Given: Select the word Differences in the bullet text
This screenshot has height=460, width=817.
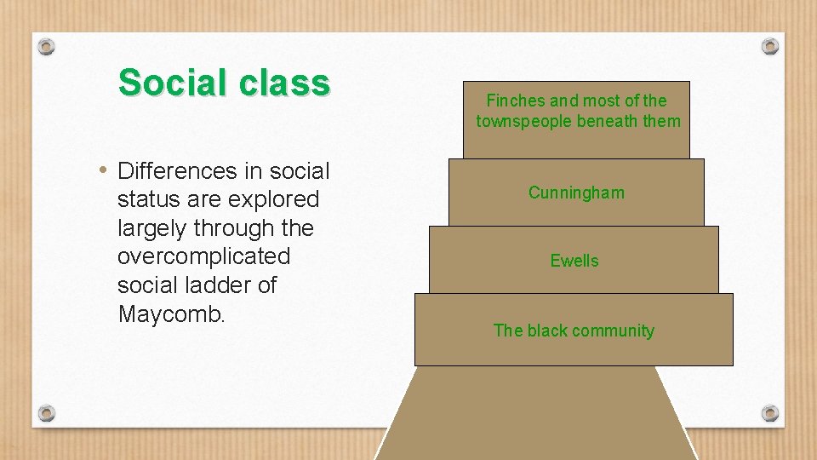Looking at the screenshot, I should click(177, 171).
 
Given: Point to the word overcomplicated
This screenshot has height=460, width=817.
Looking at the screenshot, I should click(203, 256).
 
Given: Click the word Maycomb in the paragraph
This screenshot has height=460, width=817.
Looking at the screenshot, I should click(170, 314).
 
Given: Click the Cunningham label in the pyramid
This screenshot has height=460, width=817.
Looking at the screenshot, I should click(576, 193).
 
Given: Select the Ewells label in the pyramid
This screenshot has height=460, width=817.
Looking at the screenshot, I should click(574, 261).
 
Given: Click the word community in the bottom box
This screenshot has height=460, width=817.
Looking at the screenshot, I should click(612, 331).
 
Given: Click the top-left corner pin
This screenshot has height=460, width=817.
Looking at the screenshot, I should click(47, 46).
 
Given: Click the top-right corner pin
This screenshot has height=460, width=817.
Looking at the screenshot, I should click(770, 46).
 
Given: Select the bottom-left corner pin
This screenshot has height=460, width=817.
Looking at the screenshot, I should click(47, 413).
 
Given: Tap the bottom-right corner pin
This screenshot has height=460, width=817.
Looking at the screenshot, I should click(770, 413).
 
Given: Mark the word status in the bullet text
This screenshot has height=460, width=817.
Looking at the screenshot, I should click(145, 200).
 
